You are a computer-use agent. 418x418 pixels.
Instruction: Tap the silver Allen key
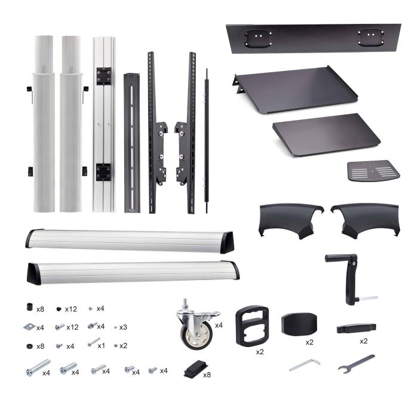coord(304,364)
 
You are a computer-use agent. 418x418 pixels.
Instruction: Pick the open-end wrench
coord(355,363)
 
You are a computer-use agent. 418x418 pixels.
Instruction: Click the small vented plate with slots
coord(373,172)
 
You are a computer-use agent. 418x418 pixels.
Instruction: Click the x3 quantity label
coord(124,327)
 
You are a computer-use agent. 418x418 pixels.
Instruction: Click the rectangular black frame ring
coord(250,325)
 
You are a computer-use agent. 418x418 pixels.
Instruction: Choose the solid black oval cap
coord(299,324)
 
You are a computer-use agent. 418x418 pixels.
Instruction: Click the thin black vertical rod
coord(207,140)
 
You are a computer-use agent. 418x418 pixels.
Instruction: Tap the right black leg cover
coord(365,219)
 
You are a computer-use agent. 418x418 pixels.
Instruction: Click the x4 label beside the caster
coord(219,325)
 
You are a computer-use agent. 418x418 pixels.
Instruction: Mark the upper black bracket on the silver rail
coord(105,76)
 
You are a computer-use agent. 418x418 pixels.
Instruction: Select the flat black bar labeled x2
coord(356,327)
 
